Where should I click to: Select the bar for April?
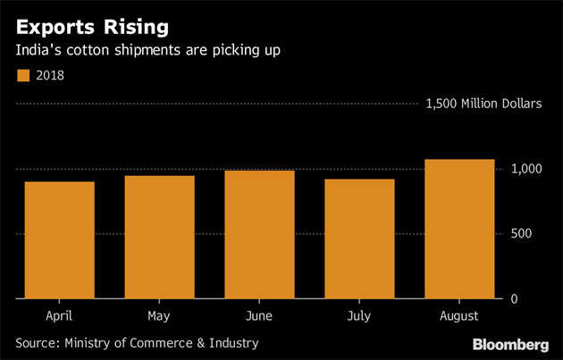(59, 239)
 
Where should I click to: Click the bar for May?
(159, 237)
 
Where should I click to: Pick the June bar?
(259, 234)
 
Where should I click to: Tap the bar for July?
(359, 239)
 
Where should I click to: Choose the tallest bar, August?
(459, 229)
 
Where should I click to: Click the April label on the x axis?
(59, 316)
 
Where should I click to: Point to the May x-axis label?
(159, 316)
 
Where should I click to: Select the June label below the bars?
(259, 316)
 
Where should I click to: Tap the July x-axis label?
(359, 316)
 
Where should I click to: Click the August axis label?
(459, 316)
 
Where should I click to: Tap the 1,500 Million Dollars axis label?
(483, 105)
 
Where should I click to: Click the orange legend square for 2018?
(21, 76)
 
